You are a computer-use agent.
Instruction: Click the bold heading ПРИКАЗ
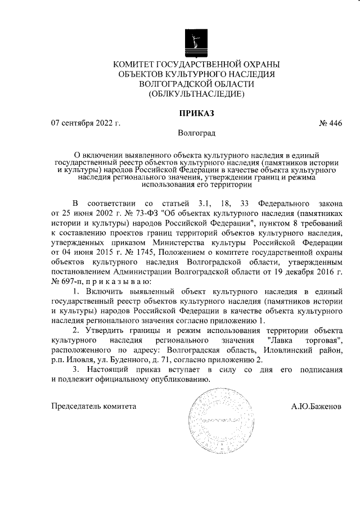196,112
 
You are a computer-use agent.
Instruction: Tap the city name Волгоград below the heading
196,133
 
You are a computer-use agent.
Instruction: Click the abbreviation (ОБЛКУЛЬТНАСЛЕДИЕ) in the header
196,94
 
